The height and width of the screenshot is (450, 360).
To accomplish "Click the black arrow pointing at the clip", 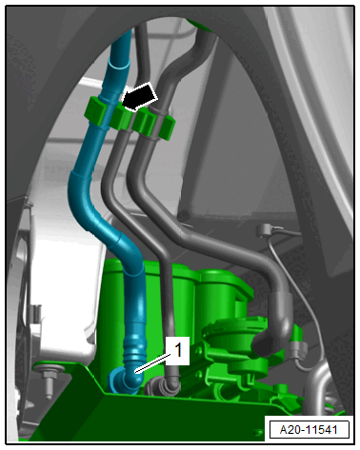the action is click(140, 96).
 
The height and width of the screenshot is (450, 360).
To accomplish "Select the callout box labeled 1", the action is click(177, 350).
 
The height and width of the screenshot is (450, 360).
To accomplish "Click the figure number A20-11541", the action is click(309, 430).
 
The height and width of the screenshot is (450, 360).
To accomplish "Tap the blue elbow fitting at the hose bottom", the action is click(126, 380).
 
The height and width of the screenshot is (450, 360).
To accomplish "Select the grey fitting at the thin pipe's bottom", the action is click(163, 385).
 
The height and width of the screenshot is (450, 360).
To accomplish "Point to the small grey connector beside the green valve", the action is click(298, 349).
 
